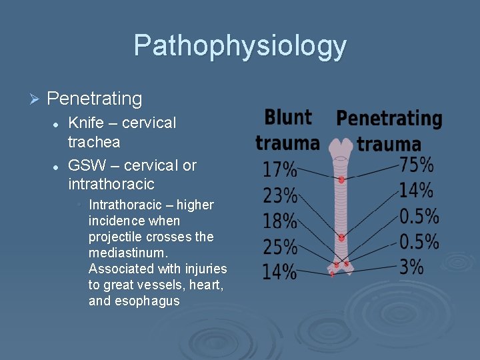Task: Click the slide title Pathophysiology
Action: tap(240, 46)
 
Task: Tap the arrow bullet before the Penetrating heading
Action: tap(36, 99)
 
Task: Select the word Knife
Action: tap(85, 123)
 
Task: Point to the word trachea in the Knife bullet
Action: tap(94, 142)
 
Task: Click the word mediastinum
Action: tap(127, 253)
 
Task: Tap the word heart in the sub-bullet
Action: tap(211, 285)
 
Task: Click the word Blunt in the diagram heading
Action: tap(287, 118)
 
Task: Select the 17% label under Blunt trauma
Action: tap(279, 170)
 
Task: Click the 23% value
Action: tap(279, 195)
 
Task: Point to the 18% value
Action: tap(279, 221)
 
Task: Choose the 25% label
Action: tap(279, 247)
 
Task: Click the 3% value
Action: tap(411, 267)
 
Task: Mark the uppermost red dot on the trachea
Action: tap(341, 179)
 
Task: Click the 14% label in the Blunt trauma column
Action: tap(279, 272)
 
